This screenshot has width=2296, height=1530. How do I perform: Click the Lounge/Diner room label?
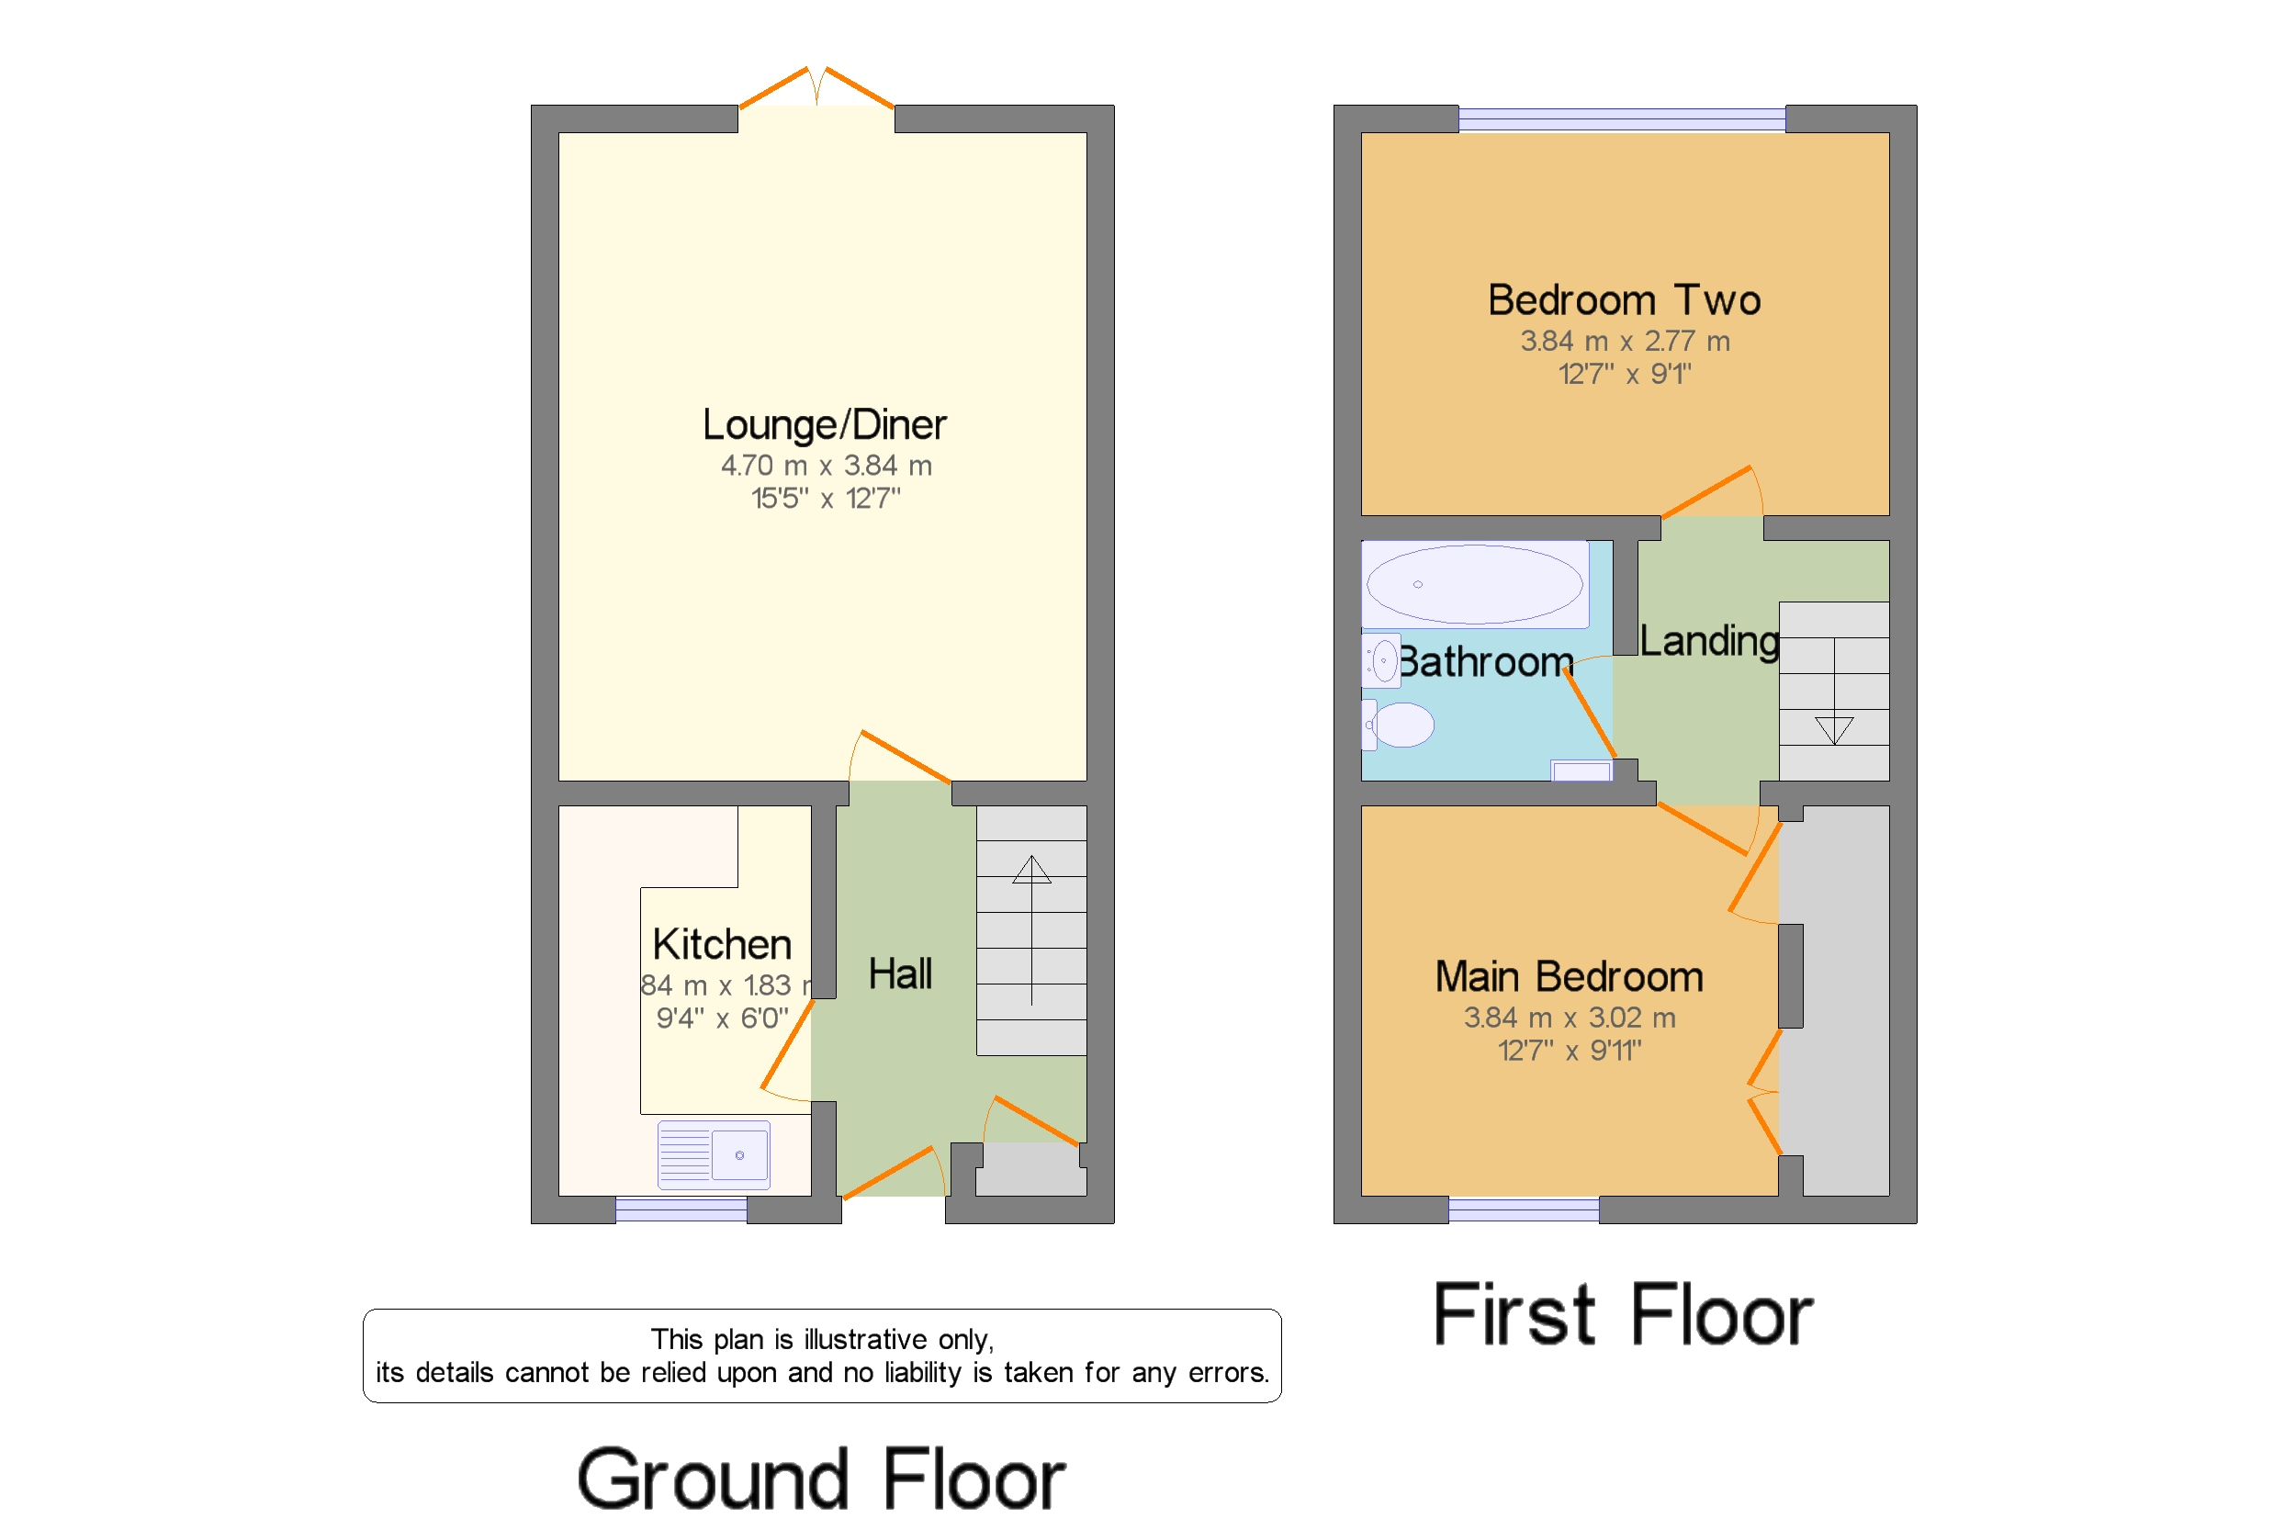[824, 425]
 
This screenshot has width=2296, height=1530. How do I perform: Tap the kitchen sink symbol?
[714, 1155]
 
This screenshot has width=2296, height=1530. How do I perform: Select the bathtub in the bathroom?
[1474, 584]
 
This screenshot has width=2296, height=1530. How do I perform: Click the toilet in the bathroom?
[1400, 725]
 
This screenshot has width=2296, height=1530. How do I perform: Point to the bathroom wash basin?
[1381, 661]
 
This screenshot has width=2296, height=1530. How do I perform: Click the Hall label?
[900, 973]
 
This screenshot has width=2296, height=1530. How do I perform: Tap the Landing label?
[1708, 641]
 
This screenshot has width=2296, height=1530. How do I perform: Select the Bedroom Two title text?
[1624, 300]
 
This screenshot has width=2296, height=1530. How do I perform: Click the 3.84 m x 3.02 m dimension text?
[1569, 1018]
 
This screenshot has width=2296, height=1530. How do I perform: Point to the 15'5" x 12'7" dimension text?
[826, 499]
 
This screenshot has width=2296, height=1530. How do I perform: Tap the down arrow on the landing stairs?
[1833, 730]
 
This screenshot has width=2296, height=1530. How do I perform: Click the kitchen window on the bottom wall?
[681, 1210]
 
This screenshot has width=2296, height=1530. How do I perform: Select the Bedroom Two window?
[1622, 119]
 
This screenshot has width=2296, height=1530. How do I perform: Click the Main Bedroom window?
[1524, 1210]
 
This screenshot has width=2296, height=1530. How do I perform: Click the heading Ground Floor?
[821, 1479]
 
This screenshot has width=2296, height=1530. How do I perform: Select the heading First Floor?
[1622, 1315]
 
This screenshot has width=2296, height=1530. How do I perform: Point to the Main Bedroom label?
[1569, 978]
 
